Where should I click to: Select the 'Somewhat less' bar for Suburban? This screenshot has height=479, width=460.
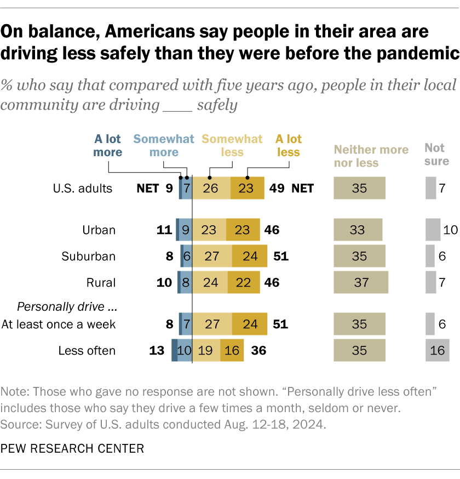pyautogui.click(x=212, y=256)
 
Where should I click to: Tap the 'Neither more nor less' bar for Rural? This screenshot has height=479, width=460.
pyautogui.click(x=361, y=283)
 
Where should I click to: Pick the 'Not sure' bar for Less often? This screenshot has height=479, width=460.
pyautogui.click(x=437, y=351)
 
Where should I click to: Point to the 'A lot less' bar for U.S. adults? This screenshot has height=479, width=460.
pyautogui.click(x=247, y=189)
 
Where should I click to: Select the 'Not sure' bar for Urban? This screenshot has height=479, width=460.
pyautogui.click(x=433, y=230)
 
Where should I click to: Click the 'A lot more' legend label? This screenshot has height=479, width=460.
pyautogui.click(x=107, y=145)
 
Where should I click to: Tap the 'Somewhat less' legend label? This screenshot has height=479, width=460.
pyautogui.click(x=232, y=145)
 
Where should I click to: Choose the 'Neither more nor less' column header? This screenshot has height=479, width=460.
pyautogui.click(x=371, y=156)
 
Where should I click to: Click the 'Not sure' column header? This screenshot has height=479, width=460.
pyautogui.click(x=436, y=155)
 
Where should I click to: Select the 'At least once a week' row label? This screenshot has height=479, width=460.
pyautogui.click(x=59, y=324)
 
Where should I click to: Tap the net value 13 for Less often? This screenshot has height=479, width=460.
pyautogui.click(x=157, y=351)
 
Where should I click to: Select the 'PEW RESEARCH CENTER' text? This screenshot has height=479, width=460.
pyautogui.click(x=72, y=449)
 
